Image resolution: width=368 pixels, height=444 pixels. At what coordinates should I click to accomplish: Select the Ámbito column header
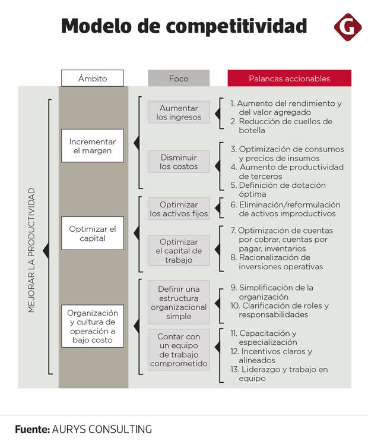tap(93, 78)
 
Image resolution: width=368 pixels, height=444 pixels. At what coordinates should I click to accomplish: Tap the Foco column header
tap(179, 78)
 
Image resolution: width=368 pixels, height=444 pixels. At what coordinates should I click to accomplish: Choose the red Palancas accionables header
tap(289, 78)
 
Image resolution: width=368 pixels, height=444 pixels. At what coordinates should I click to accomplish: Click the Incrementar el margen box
tap(93, 146)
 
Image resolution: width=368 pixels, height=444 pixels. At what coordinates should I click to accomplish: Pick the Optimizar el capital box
tap(93, 233)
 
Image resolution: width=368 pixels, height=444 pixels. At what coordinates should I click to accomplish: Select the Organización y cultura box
tap(93, 326)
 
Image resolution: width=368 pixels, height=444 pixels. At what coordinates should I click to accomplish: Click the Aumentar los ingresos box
tap(179, 112)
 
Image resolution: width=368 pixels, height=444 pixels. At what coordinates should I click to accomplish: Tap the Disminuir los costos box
tap(179, 162)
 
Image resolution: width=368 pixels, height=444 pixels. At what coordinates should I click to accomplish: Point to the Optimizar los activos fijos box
tap(179, 209)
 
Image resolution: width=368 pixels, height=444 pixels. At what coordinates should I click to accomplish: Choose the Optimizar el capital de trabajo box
tap(179, 250)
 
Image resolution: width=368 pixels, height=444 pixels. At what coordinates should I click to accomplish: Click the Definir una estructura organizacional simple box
tap(179, 303)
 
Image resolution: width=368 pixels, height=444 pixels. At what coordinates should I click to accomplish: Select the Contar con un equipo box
tap(179, 350)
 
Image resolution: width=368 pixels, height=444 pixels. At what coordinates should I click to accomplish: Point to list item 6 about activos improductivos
tap(285, 209)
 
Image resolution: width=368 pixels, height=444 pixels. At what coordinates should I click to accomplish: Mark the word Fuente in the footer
tap(31, 429)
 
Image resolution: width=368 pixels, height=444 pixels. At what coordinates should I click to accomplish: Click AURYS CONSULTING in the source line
tap(101, 429)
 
